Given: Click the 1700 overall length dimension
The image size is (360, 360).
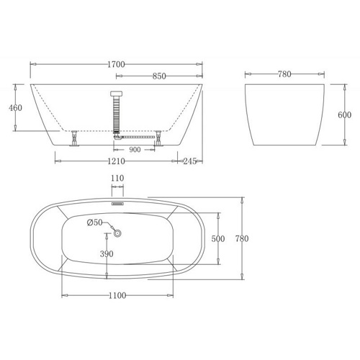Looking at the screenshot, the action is point(116,64).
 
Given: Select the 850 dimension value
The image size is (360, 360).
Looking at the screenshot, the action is point(159,76).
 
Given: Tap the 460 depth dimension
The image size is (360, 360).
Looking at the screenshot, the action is point(15,108).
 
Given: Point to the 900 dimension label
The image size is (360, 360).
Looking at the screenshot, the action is point(135,150).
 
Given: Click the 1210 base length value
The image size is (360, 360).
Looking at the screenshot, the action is point(116,161).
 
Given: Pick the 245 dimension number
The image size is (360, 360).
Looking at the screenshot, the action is point(190,161).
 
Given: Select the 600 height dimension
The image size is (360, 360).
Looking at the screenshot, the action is point(344,115).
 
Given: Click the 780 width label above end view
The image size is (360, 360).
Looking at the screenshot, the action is point(284,74).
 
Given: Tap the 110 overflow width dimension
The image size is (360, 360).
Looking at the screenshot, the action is point(117,178).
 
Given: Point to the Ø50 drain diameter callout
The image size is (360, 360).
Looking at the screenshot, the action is point(94,222).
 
